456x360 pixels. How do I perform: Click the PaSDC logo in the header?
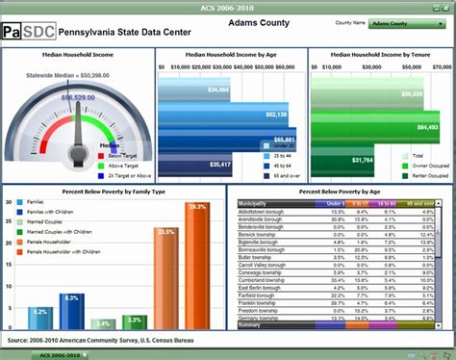tap(28, 31)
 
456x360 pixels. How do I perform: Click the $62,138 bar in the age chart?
tap(225, 115)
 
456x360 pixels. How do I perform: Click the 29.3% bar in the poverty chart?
tap(196, 265)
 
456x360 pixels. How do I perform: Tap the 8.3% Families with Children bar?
tap(70, 312)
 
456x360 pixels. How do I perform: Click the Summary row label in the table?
tap(251, 325)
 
